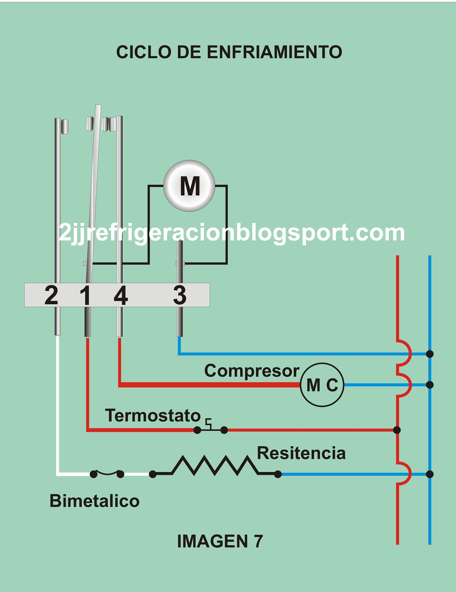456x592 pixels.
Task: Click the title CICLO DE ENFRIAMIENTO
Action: (229, 52)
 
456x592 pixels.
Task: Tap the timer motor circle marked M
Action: (189, 186)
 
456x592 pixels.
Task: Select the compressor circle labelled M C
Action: (322, 385)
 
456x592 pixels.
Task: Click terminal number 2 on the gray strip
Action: (51, 295)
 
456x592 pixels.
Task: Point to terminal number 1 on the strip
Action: (85, 295)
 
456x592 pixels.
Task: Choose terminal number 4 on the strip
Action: (121, 295)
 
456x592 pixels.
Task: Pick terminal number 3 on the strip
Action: (180, 295)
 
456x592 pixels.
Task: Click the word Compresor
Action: (252, 371)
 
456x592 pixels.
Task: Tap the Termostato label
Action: (153, 416)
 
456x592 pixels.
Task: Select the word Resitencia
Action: (301, 453)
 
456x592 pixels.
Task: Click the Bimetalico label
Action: (95, 501)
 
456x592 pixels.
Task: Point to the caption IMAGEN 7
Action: (220, 541)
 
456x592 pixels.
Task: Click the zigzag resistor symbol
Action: (215, 466)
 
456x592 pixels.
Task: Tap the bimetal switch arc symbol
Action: (107, 473)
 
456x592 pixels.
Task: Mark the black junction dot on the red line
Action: (397, 430)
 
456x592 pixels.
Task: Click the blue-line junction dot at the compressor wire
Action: (430, 385)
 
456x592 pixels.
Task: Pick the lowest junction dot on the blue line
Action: (430, 474)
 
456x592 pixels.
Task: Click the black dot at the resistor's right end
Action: (278, 474)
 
